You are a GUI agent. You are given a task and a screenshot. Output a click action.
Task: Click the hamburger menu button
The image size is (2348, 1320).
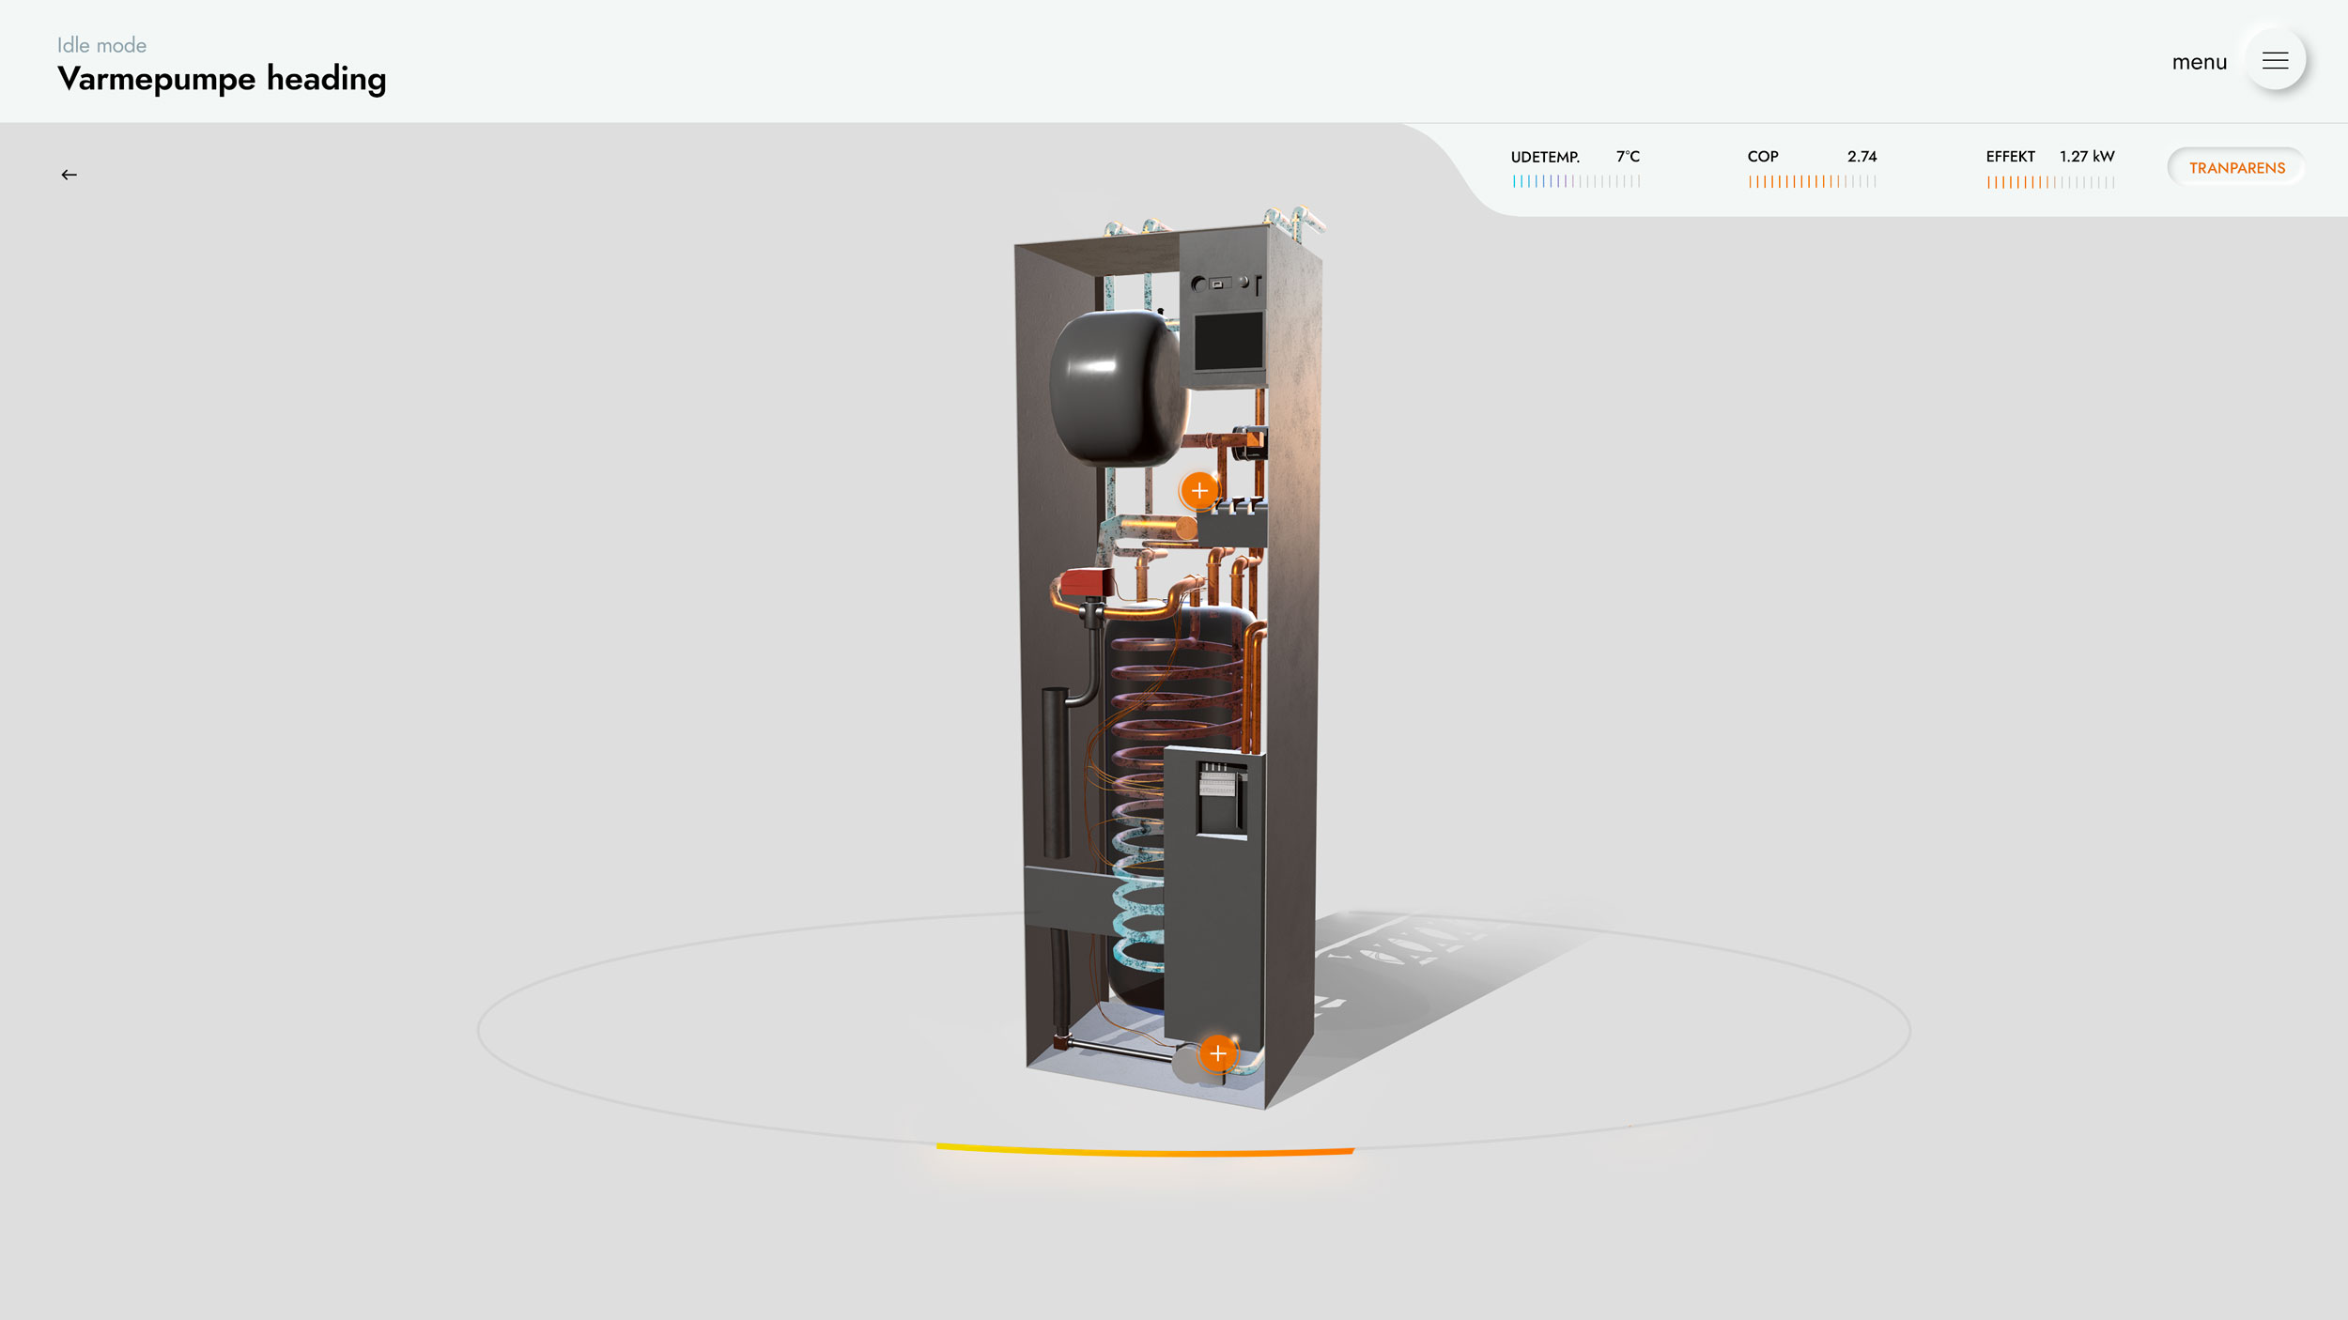pos(2275,61)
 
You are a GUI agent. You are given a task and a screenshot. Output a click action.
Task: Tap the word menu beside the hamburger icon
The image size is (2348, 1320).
pos(2200,62)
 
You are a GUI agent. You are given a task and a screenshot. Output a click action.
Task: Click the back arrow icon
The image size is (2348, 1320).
pos(69,175)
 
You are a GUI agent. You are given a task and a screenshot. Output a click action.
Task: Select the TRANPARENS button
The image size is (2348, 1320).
pos(2236,168)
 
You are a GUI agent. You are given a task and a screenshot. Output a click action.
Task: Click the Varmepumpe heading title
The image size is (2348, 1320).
pos(222,79)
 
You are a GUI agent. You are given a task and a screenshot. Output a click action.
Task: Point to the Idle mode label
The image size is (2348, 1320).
pos(101,45)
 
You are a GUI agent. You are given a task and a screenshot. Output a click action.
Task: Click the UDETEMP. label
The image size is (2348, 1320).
pos(1545,157)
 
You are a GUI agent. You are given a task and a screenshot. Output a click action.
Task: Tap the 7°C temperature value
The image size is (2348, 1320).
pos(1628,156)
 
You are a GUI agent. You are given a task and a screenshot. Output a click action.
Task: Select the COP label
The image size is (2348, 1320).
pos(1763,156)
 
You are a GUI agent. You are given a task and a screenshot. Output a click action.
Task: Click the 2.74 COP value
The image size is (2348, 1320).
pos(1861,156)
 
